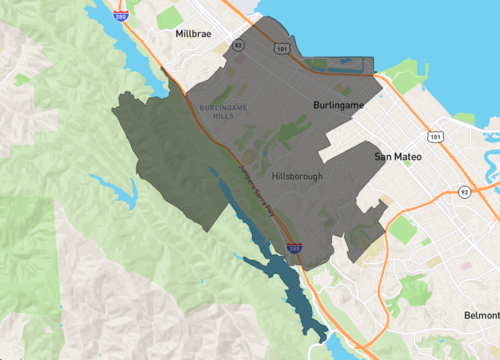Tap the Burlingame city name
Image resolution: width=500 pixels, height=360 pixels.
[333, 104]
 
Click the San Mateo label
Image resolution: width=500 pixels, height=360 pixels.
[399, 158]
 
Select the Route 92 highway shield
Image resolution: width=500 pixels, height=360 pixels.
[463, 191]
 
